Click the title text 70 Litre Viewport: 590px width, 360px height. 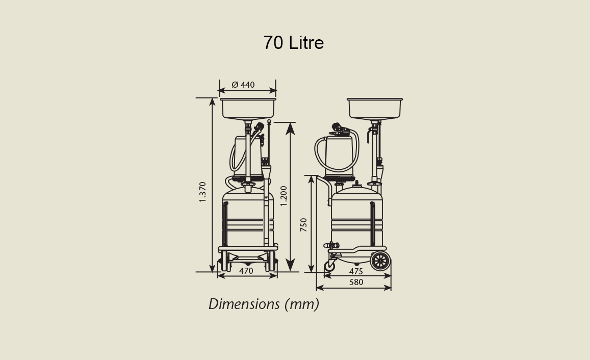[294, 42]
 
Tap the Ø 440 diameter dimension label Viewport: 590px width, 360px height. [243, 85]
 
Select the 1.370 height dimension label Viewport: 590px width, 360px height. [202, 192]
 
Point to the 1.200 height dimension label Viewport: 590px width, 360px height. [284, 196]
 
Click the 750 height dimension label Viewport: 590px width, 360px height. [303, 224]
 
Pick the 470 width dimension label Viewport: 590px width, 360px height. [246, 270]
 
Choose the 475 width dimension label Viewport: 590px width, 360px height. [356, 271]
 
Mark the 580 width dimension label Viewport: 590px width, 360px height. [356, 282]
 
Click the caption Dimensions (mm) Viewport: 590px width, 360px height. [264, 304]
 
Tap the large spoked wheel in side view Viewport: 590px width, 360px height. [380, 261]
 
